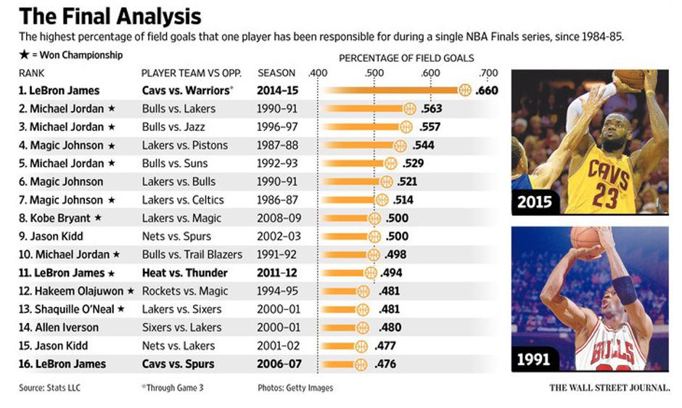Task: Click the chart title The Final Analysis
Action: [110, 16]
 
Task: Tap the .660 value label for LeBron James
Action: [488, 91]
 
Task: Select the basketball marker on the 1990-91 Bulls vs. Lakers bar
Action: [409, 109]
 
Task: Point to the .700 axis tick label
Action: [488, 73]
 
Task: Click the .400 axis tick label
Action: [318, 73]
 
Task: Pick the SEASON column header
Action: [276, 73]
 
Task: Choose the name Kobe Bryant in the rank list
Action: [60, 218]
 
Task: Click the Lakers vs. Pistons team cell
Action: [184, 145]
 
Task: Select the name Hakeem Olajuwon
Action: [77, 291]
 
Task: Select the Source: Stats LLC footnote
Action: [49, 388]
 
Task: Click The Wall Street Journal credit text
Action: [609, 388]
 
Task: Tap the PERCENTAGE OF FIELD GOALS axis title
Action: [406, 57]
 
